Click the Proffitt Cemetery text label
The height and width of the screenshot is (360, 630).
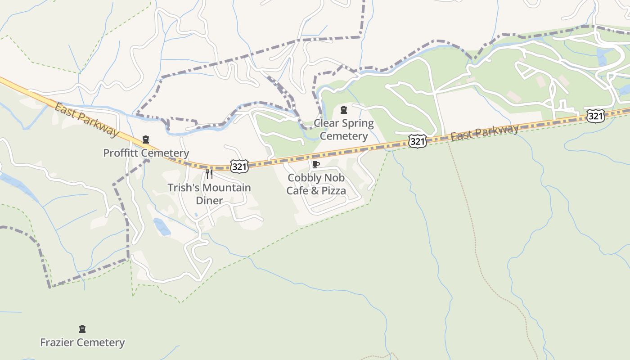[146, 153]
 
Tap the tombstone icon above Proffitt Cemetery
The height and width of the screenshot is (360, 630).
[146, 139]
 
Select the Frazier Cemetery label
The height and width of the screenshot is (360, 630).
[82, 342]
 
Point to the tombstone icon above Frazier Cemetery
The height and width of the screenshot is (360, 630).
[82, 329]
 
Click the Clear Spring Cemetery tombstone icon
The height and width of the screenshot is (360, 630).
[344, 110]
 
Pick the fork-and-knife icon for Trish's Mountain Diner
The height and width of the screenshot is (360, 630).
[209, 174]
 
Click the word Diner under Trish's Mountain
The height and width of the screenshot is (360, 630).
[209, 200]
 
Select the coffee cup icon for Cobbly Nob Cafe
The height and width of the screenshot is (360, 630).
[316, 164]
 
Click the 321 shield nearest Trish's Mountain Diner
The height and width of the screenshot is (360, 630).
[239, 166]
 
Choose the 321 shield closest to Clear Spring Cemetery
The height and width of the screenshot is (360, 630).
[417, 141]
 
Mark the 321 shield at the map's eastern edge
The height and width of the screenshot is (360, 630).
[595, 116]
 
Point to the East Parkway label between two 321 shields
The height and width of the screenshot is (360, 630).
[485, 132]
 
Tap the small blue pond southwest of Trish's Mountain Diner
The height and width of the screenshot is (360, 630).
[162, 227]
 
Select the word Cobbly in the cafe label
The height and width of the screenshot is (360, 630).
[303, 178]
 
